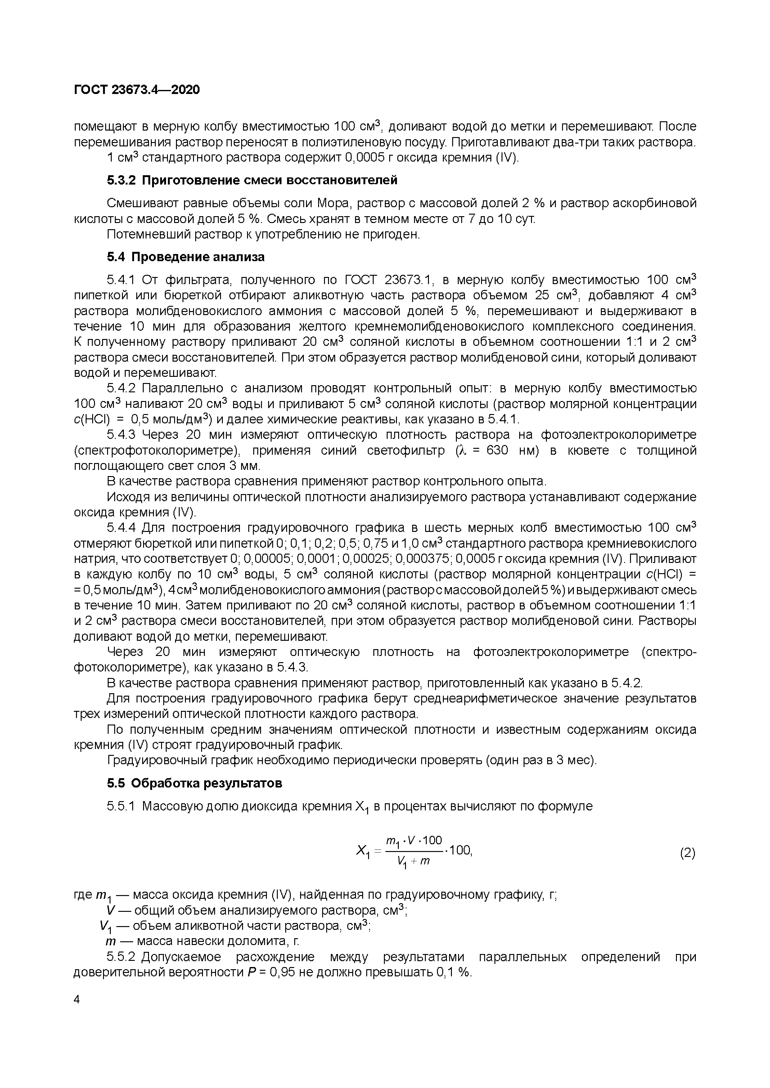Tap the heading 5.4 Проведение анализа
(x=185, y=257)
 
